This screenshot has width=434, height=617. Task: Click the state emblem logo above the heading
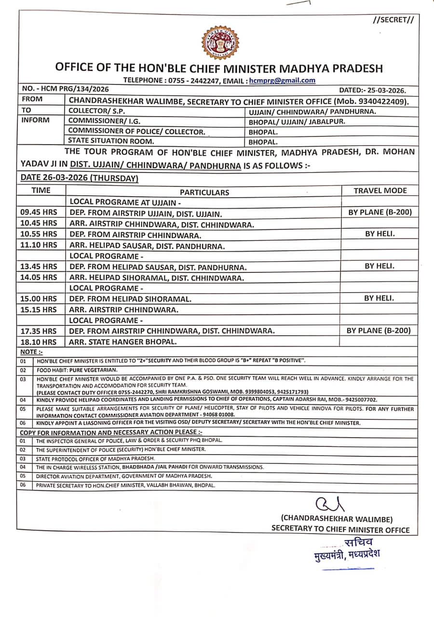click(220, 43)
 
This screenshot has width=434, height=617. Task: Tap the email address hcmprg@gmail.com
click(283, 81)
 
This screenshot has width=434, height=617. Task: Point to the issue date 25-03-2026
click(373, 90)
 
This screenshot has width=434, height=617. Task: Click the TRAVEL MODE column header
click(380, 190)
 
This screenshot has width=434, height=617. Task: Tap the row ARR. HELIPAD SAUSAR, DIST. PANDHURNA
click(147, 246)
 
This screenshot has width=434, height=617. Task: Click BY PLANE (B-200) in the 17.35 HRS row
click(379, 331)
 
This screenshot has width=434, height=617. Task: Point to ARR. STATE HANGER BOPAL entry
click(123, 342)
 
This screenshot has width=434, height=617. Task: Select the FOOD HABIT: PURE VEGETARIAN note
click(77, 370)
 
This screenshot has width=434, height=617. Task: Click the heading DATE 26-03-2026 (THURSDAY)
click(79, 178)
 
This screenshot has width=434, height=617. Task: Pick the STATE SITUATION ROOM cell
click(111, 141)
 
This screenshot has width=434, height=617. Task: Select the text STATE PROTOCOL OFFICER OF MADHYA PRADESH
click(95, 458)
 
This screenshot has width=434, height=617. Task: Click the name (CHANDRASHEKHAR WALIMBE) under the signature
click(337, 519)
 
